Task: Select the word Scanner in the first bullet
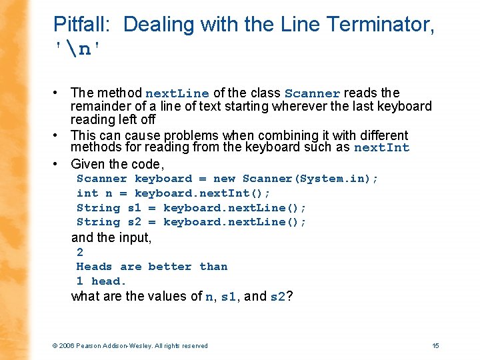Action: (x=312, y=94)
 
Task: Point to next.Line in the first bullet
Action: (x=177, y=94)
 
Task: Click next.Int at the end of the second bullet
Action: (x=381, y=148)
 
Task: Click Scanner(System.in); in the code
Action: (x=310, y=179)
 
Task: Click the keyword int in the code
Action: (x=87, y=193)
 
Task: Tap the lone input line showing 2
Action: (x=80, y=252)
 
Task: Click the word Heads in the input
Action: (x=94, y=267)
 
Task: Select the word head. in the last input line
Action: (x=109, y=281)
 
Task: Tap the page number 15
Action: (x=435, y=345)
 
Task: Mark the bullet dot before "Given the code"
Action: (x=60, y=164)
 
